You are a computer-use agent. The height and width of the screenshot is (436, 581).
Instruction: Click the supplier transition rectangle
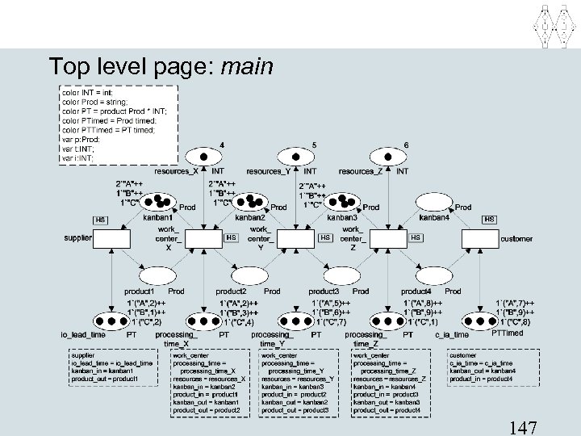click(111, 240)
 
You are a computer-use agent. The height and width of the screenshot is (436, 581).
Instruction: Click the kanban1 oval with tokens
click(157, 202)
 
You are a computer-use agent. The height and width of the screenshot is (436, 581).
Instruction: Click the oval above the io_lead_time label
click(111, 320)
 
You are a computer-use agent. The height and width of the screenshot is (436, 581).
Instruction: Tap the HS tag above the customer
click(489, 219)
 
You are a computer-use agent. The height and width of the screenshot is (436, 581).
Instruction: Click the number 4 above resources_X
click(222, 145)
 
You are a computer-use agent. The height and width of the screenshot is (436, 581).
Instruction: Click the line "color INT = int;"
click(89, 93)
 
